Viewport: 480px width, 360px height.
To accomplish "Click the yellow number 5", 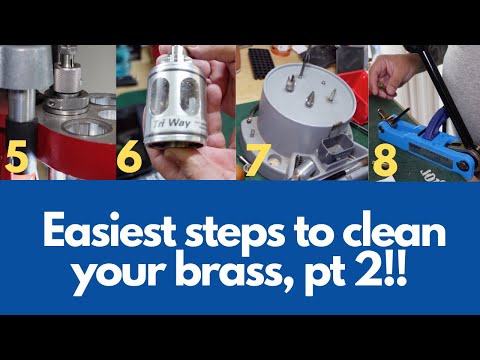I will pyautogui.click(x=19, y=158).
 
